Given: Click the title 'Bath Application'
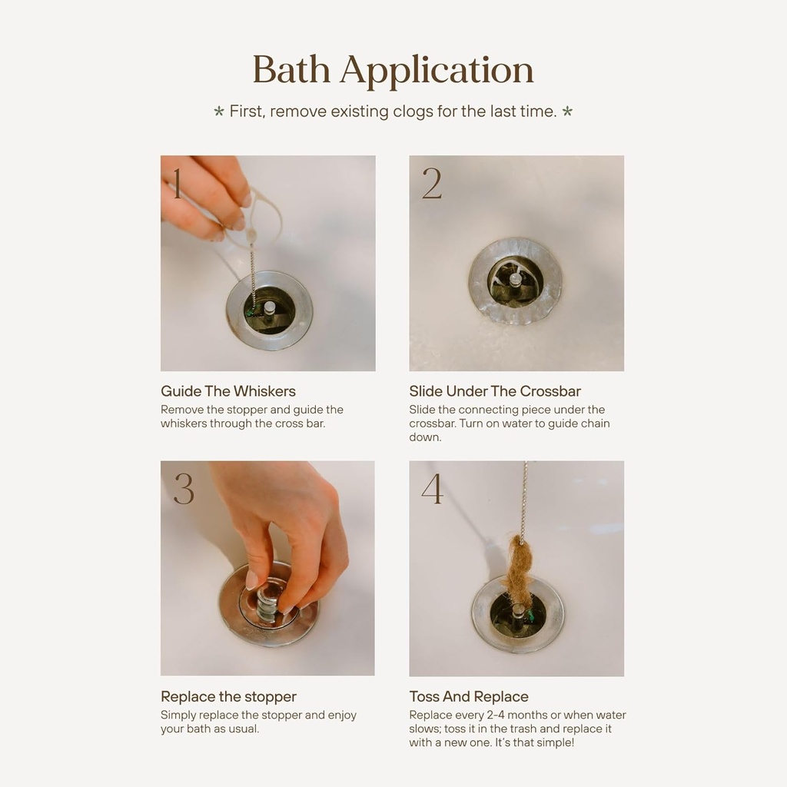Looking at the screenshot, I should [393, 70].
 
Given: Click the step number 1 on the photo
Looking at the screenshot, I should [177, 184].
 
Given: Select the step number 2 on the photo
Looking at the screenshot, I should [432, 184].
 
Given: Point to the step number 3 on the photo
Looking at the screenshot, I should [184, 489].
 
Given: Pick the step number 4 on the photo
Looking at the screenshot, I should [432, 489].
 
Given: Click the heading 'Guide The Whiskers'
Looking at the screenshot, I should [227, 391].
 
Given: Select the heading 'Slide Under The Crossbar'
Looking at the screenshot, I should [495, 391].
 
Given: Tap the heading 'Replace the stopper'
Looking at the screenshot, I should [228, 697].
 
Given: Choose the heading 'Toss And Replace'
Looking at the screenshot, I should [469, 697].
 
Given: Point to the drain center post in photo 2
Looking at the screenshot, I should [515, 280].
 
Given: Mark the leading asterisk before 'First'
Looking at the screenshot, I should [219, 112].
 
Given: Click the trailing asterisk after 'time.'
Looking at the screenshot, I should [567, 112].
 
